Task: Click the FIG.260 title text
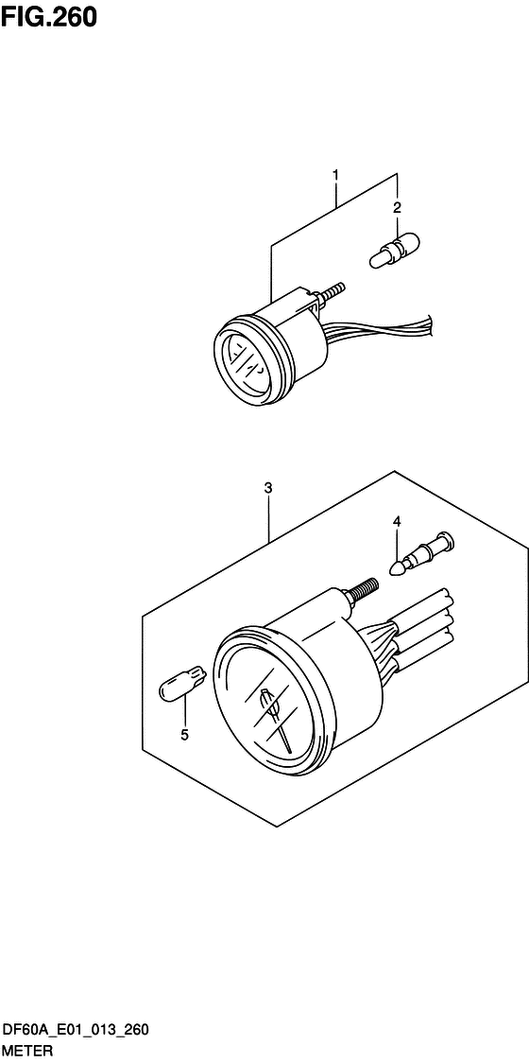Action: (49, 17)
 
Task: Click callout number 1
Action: (335, 157)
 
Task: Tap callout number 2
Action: (398, 206)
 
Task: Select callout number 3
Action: (268, 487)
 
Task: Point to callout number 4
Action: (396, 521)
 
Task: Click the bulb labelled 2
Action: (395, 249)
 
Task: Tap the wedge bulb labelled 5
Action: (181, 684)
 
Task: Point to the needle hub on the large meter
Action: (267, 700)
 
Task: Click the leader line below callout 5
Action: (184, 712)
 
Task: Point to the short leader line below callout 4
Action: (396, 541)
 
